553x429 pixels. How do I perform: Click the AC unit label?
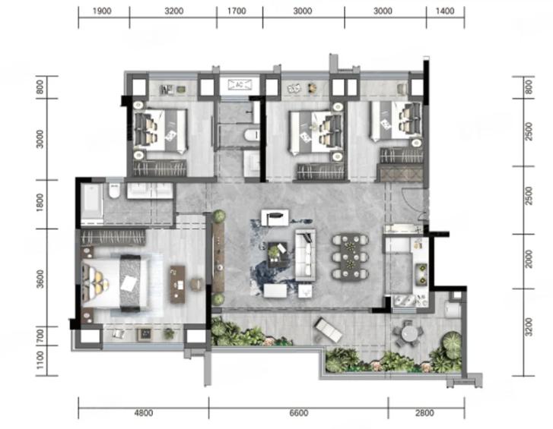(240, 84)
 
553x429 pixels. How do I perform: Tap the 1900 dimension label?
(102, 11)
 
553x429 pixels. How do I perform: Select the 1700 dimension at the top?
(237, 11)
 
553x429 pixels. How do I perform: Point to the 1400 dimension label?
(445, 11)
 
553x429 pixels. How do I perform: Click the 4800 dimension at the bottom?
(144, 412)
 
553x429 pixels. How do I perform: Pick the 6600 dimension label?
(298, 412)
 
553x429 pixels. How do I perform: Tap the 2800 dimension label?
(424, 412)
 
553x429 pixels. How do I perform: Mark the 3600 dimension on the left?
(40, 279)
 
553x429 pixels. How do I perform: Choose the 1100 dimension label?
(40, 360)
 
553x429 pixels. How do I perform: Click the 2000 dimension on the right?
(529, 260)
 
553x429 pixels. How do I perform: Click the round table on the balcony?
(408, 333)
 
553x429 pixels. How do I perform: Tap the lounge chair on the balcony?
(328, 330)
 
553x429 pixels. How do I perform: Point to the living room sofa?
(306, 255)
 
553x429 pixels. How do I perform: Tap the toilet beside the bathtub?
(114, 191)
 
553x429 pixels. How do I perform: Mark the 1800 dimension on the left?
(40, 203)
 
